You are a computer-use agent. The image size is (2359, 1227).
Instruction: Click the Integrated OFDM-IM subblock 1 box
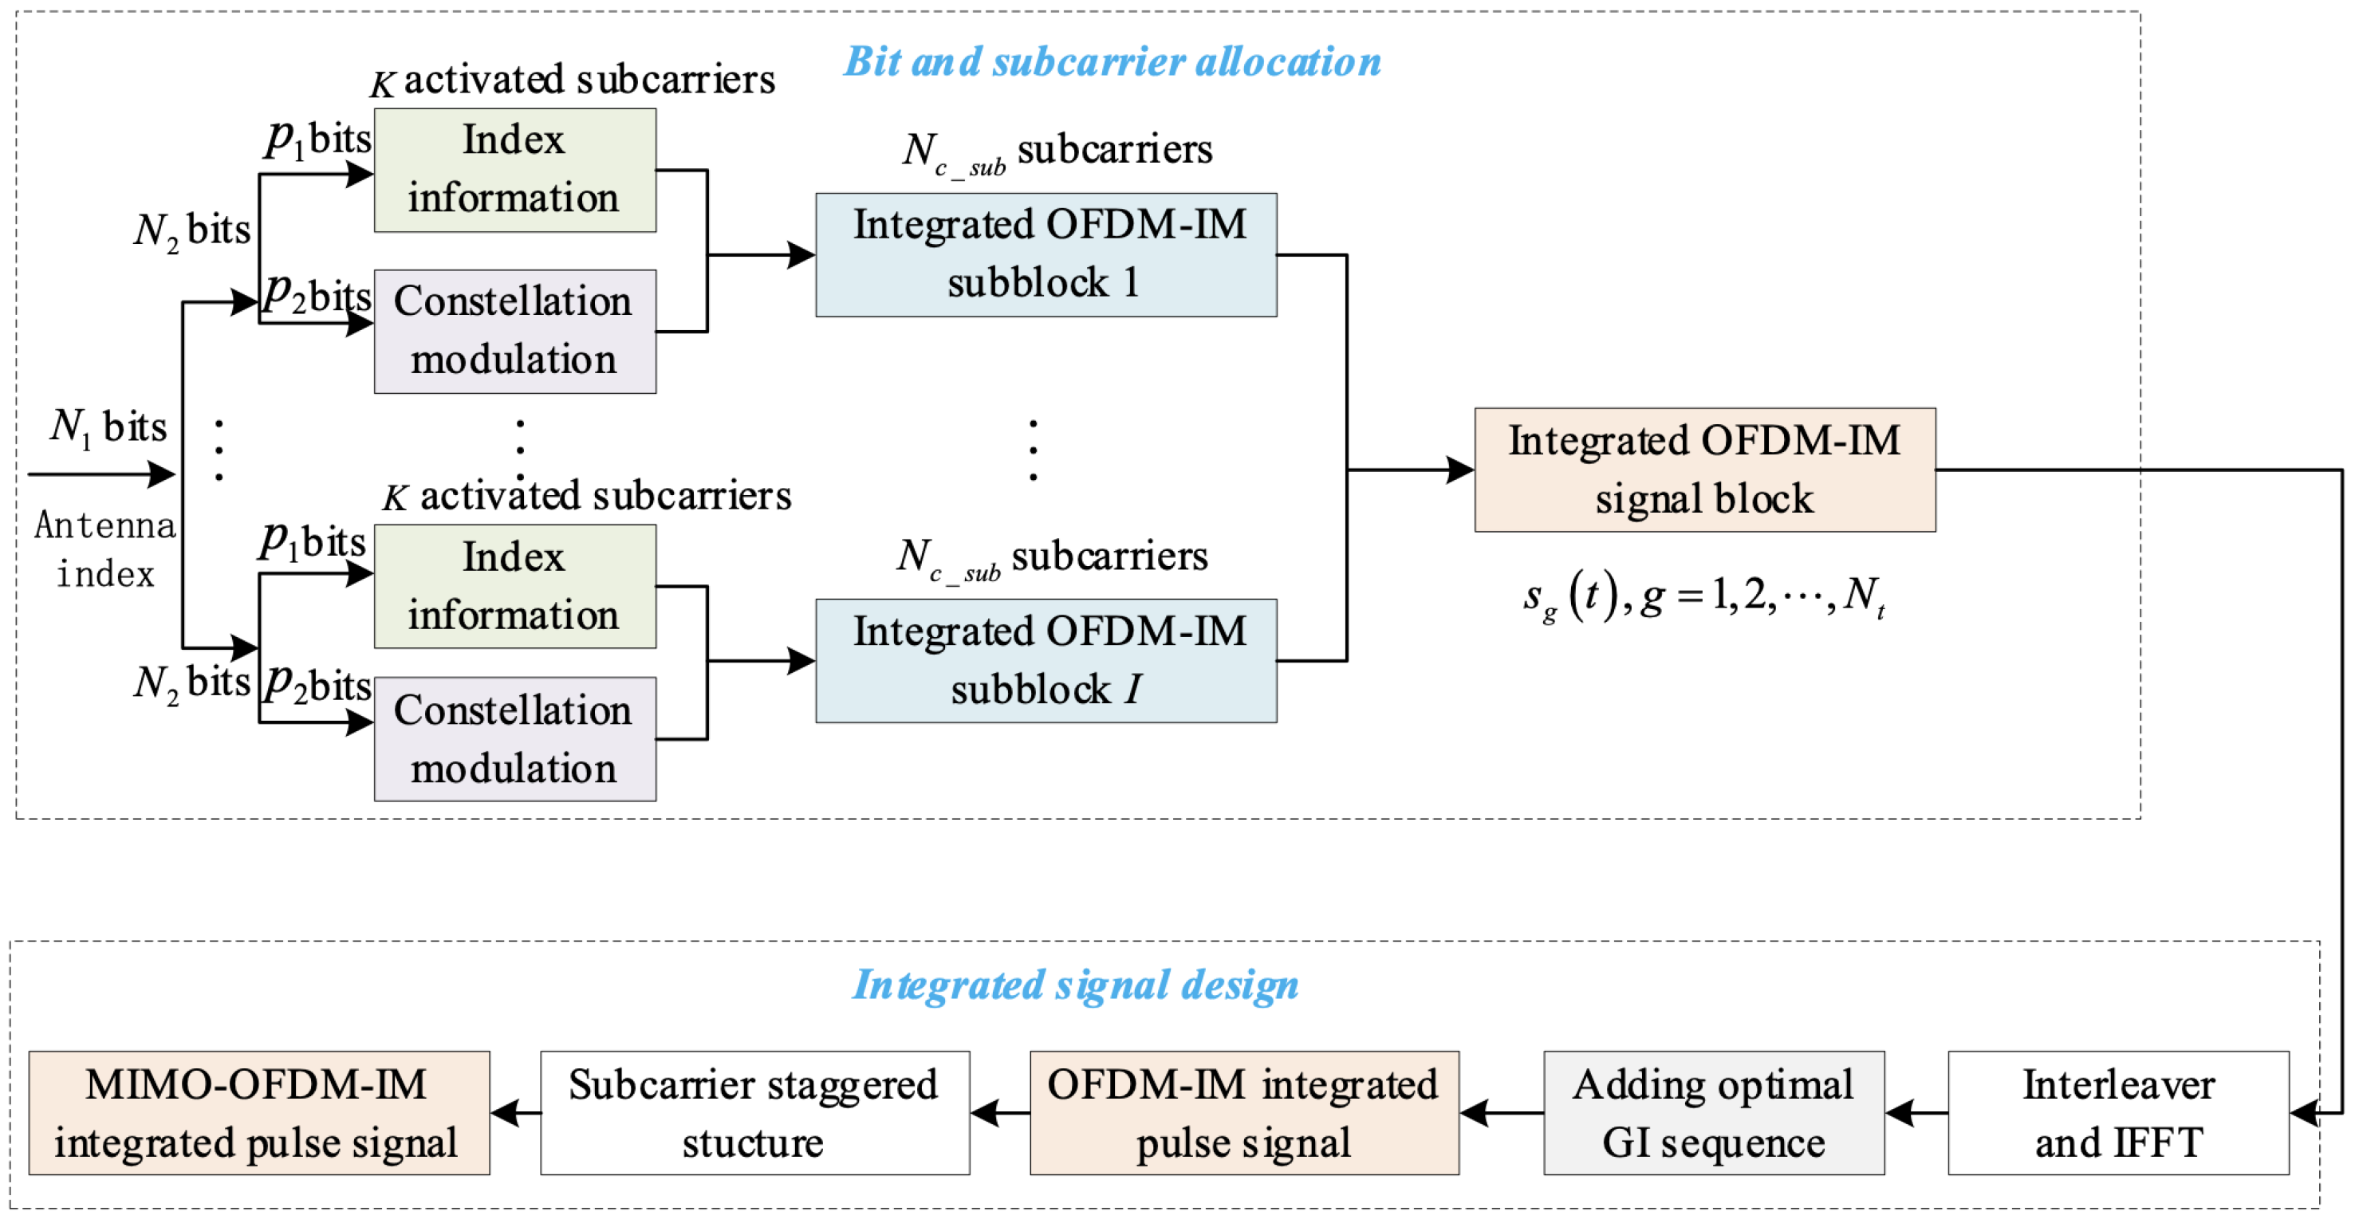[1046, 254]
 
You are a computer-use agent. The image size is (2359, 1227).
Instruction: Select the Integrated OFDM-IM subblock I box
[1046, 660]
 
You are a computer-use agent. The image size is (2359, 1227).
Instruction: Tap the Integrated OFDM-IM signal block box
[1704, 470]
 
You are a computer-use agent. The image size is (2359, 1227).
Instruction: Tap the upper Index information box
[514, 171]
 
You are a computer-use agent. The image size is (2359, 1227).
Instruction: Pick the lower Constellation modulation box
[514, 739]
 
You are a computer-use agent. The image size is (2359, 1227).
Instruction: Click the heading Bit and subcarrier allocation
[1112, 62]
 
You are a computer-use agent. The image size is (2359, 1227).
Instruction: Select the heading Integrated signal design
[1075, 985]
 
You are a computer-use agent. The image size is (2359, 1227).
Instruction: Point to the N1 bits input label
[108, 427]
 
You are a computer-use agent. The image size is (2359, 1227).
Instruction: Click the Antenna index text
[105, 549]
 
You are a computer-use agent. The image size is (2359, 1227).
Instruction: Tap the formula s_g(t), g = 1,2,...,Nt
[1703, 597]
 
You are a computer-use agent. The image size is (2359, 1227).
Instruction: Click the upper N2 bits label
[191, 230]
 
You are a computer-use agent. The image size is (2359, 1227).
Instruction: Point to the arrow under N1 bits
[100, 474]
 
